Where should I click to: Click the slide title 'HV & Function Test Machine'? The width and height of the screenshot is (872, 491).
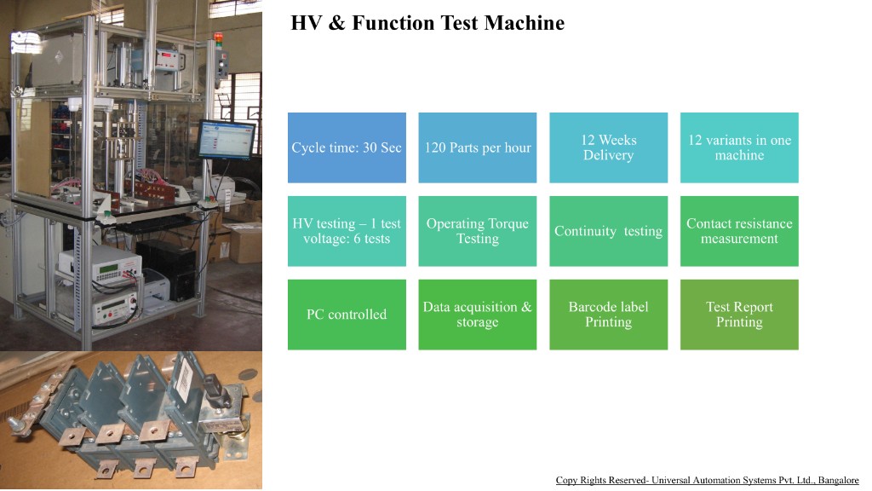tap(427, 23)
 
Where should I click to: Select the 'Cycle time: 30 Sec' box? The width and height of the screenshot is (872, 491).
tap(347, 147)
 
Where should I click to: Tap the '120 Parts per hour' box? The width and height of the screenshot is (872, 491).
tap(478, 147)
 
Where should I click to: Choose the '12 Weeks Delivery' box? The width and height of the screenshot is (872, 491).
tap(608, 147)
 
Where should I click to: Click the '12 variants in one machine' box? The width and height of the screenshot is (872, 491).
tap(739, 147)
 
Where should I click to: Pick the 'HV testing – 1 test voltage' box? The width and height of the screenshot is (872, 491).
tap(347, 231)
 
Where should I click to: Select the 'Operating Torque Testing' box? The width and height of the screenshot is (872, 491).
tap(478, 231)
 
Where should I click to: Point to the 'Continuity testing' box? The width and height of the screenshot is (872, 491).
tap(608, 231)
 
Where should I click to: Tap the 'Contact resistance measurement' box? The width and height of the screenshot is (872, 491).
tap(739, 231)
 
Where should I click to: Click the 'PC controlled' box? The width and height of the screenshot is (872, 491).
tap(347, 315)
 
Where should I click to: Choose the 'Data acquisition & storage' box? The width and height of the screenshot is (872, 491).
tap(478, 315)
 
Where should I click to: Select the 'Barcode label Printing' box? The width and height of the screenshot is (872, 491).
tap(608, 315)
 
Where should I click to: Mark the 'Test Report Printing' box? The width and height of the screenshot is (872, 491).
tap(739, 315)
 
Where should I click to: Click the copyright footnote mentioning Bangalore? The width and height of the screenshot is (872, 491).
tap(707, 481)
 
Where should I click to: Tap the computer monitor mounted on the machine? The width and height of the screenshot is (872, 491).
tap(226, 139)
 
